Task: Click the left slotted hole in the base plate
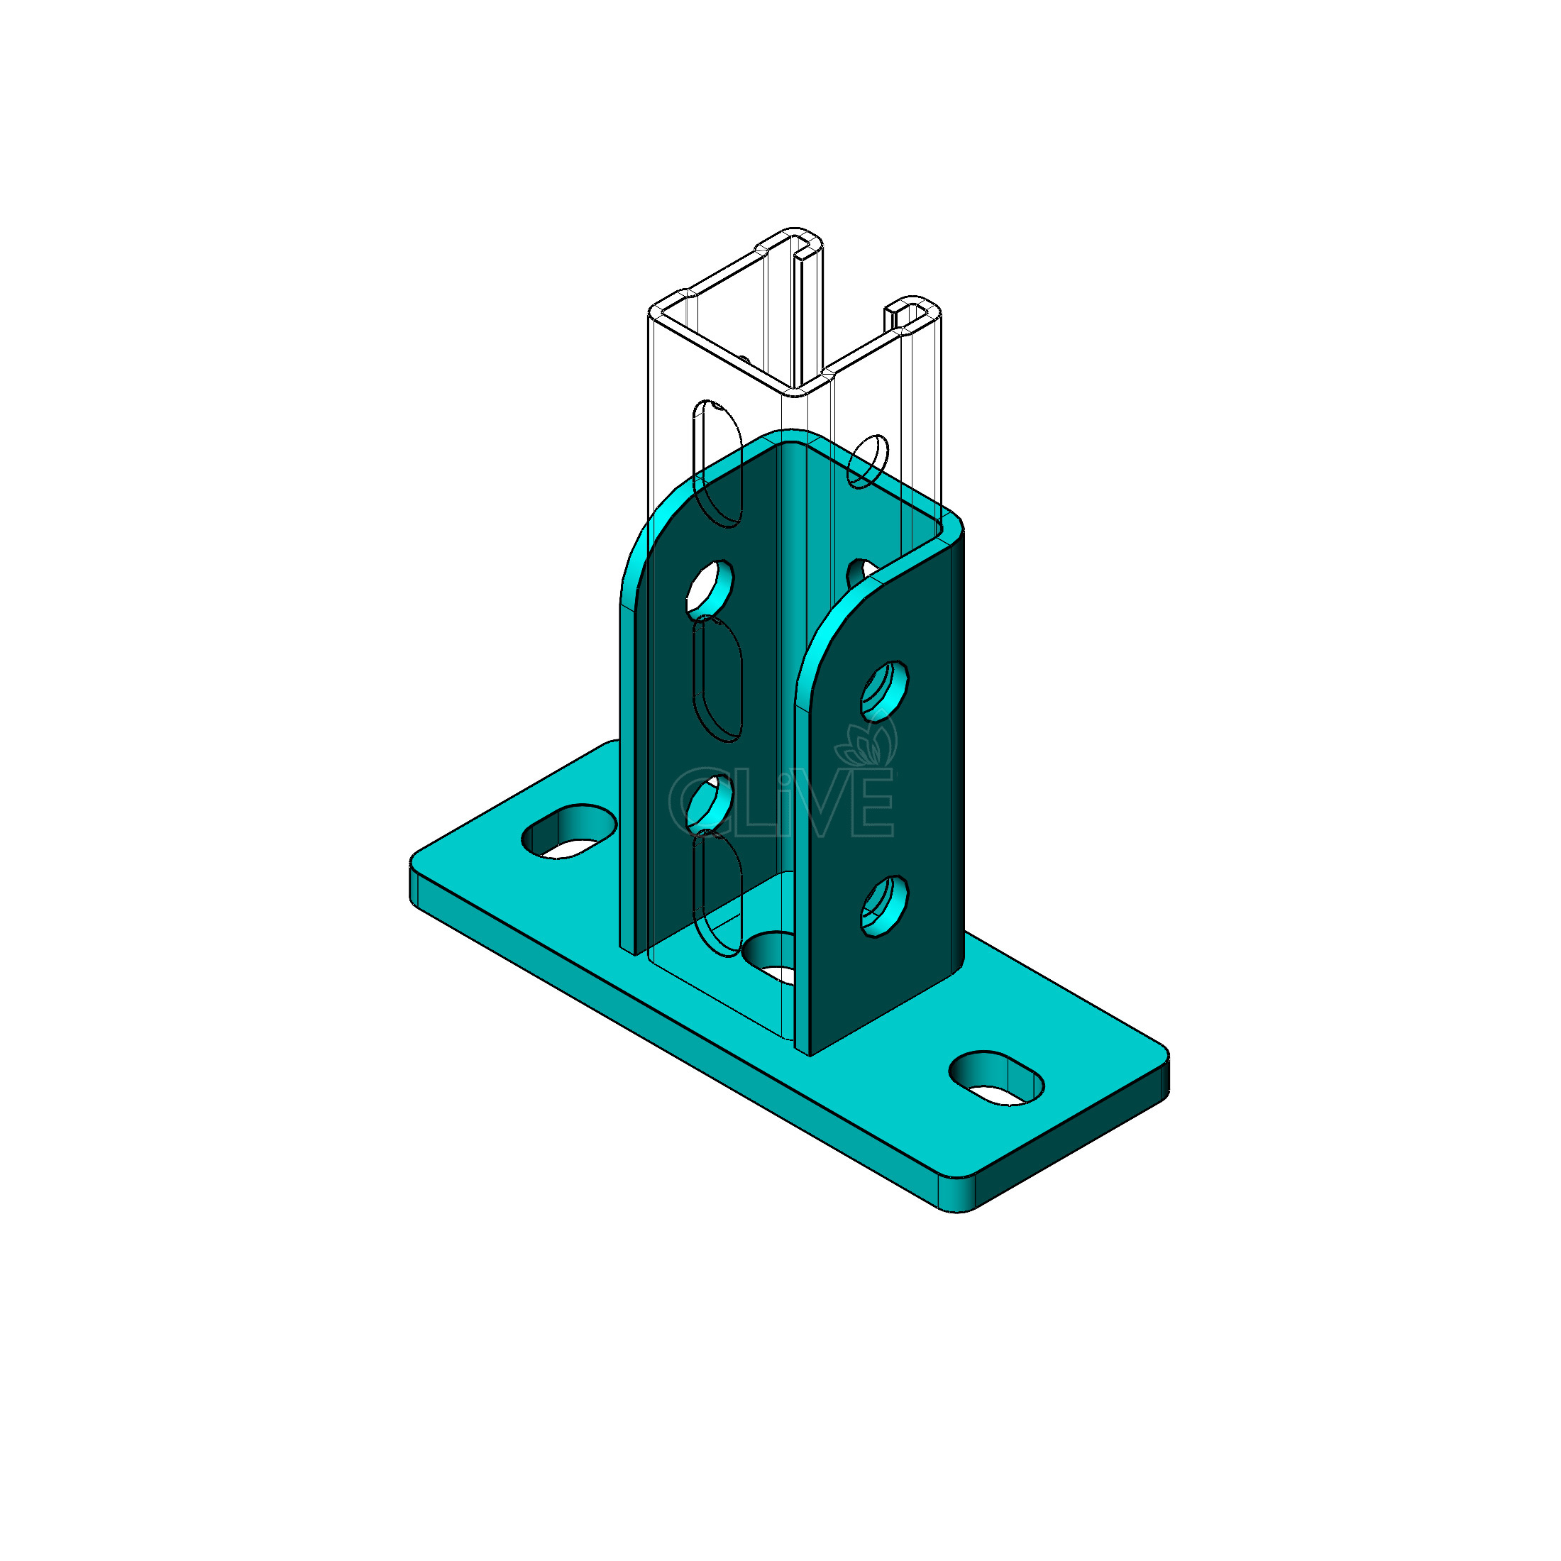570,832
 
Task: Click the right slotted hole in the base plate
996,1079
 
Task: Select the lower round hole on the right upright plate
884,907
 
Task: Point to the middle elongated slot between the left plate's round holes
717,680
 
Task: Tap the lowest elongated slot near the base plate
717,893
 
